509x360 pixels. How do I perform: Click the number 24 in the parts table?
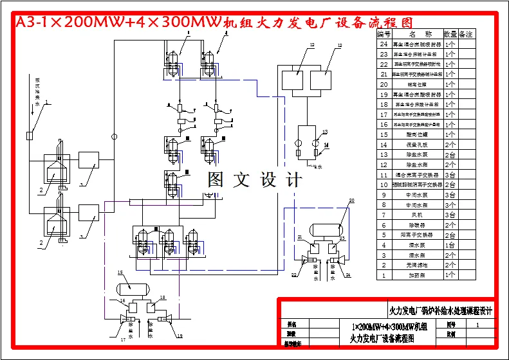tap(384, 44)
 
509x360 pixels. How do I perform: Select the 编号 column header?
tap(384, 33)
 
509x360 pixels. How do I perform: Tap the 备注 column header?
tap(467, 33)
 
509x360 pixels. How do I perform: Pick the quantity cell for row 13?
tap(450, 155)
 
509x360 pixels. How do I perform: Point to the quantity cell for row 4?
tap(450, 245)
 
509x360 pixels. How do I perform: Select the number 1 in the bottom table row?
tap(384, 275)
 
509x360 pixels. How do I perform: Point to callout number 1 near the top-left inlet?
tap(46, 102)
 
